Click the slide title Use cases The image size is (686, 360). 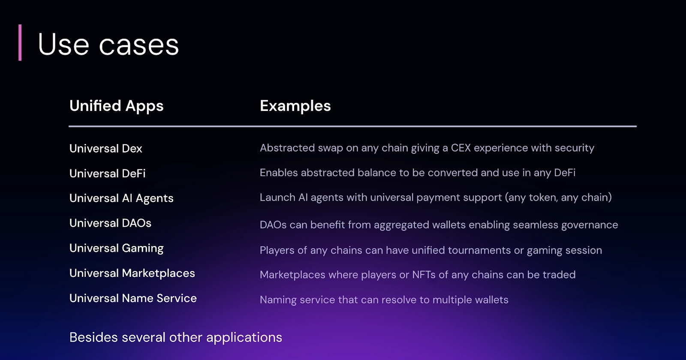coord(108,45)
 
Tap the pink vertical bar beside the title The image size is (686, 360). coord(20,42)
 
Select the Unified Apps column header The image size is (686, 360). coord(116,106)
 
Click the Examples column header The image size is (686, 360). coord(295,106)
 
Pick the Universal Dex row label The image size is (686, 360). coord(105,149)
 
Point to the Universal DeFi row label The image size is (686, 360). coord(107,174)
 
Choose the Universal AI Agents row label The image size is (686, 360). coord(121,198)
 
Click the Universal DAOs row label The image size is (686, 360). coord(110,223)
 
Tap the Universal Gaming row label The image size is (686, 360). coord(116,249)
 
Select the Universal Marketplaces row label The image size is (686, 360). coord(132,273)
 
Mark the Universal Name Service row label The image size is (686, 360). coord(133,298)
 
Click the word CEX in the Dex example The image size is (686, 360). coord(460,148)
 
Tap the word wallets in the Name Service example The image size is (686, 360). coord(489,300)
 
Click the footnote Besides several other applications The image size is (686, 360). coord(175,338)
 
